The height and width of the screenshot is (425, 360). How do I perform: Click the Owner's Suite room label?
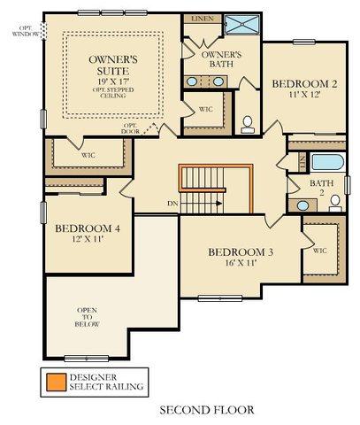pyautogui.click(x=113, y=65)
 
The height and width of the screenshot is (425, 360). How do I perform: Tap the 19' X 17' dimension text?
pyautogui.click(x=113, y=81)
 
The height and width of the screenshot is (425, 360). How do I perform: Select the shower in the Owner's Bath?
pyautogui.click(x=241, y=24)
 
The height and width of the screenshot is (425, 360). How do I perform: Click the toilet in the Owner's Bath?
pyautogui.click(x=248, y=124)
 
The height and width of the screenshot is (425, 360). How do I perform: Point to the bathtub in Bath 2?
pyautogui.click(x=327, y=162)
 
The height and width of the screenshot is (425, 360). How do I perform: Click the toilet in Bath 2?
pyautogui.click(x=335, y=204)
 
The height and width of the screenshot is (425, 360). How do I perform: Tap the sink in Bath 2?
pyautogui.click(x=303, y=205)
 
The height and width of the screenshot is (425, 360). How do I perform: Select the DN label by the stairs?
pyautogui.click(x=172, y=204)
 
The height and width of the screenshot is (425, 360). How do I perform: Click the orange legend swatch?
pyautogui.click(x=57, y=382)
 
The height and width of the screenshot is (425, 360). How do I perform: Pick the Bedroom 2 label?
pyautogui.click(x=304, y=84)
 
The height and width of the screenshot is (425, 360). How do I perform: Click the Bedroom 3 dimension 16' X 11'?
pyautogui.click(x=240, y=263)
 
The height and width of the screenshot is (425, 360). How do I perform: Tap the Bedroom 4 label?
pyautogui.click(x=88, y=228)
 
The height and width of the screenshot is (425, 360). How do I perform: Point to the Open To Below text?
pyautogui.click(x=87, y=317)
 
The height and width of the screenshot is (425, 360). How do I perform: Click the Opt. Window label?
pyautogui.click(x=26, y=31)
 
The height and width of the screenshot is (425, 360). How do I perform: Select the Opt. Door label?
pyautogui.click(x=130, y=128)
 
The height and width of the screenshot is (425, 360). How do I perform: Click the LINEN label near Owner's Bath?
pyautogui.click(x=203, y=19)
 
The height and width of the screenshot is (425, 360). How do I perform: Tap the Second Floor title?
pyautogui.click(x=207, y=410)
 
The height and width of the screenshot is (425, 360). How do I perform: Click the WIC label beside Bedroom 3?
pyautogui.click(x=319, y=251)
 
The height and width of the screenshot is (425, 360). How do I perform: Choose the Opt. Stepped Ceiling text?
pyautogui.click(x=113, y=93)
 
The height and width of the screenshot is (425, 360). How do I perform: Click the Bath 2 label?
pyautogui.click(x=322, y=188)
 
